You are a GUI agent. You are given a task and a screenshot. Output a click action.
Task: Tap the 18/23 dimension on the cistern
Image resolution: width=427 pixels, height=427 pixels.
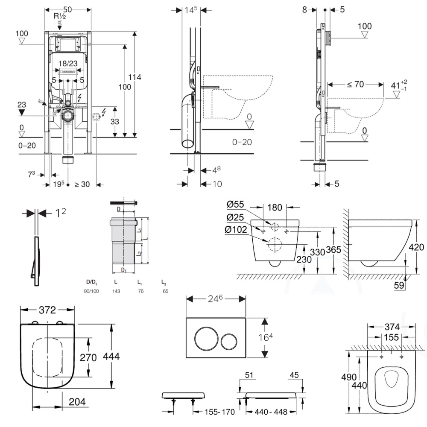tap(68, 63)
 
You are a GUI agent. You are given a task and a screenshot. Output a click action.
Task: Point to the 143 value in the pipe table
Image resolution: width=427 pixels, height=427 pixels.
tap(116, 291)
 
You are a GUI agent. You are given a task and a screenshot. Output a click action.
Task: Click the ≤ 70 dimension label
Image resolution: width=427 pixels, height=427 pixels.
tap(355, 84)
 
